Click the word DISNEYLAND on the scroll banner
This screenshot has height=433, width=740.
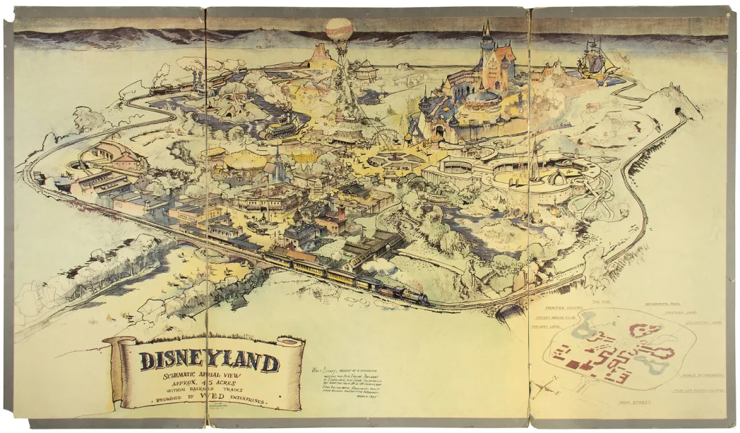tap(209, 362)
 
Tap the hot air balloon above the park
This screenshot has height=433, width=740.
tap(339, 30)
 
